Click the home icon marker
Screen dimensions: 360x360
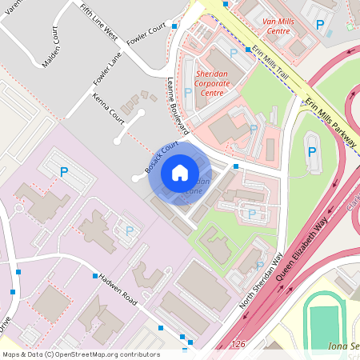180,172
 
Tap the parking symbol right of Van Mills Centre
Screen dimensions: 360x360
321,26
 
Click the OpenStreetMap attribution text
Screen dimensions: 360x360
80,354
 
